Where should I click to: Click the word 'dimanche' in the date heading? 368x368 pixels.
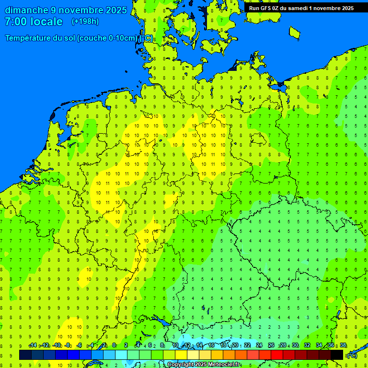[x=26, y=10]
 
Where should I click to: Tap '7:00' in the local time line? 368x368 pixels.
[x=15, y=22]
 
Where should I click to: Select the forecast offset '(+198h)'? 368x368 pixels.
[x=85, y=22]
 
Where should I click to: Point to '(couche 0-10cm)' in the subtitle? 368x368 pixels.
[x=107, y=38]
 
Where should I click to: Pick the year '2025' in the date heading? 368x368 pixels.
[x=116, y=10]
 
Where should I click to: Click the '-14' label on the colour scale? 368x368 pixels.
[x=33, y=345]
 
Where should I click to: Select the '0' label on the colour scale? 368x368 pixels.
[x=114, y=345]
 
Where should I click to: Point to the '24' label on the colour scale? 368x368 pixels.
[x=259, y=345]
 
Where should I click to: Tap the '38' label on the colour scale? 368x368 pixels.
[x=343, y=345]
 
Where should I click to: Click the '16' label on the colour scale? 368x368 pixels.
[x=211, y=345]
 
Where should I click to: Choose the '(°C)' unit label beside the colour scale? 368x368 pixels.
[x=352, y=355]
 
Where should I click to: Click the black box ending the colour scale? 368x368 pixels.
[x=337, y=355]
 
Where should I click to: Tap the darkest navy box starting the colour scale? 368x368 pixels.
[x=25, y=355]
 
